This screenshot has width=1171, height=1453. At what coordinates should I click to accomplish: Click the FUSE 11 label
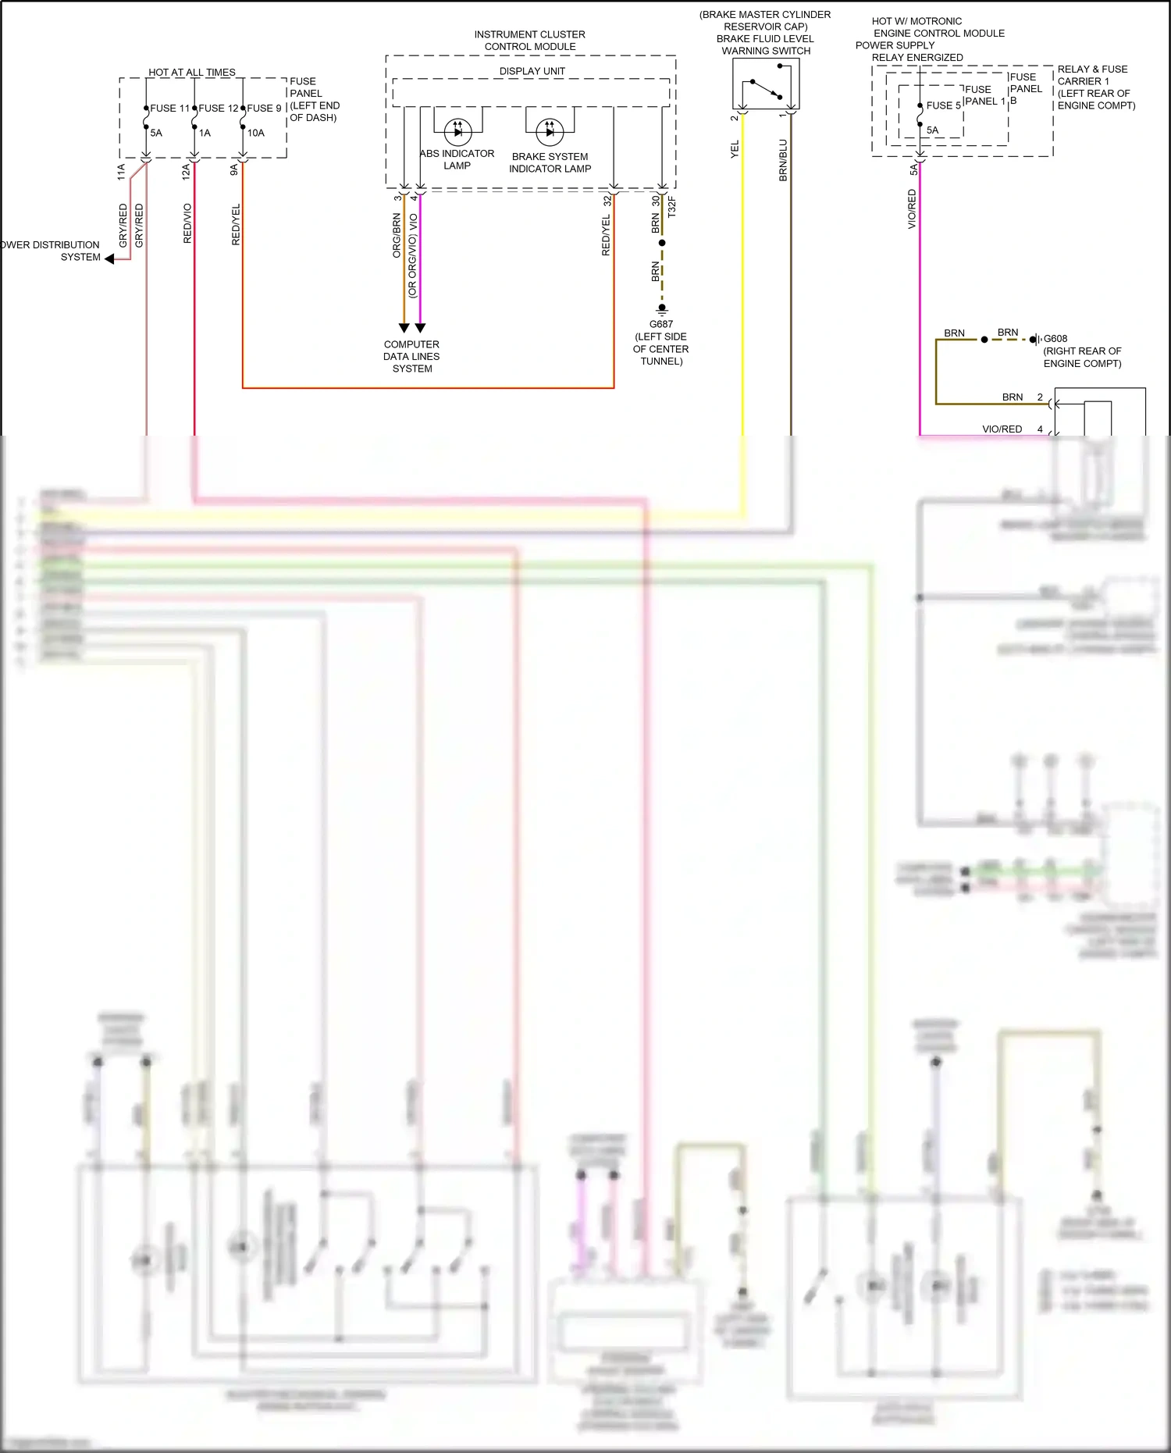169,109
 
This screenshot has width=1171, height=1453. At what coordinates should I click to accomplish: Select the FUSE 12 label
218,109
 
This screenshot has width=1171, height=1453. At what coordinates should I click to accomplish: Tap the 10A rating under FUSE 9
256,134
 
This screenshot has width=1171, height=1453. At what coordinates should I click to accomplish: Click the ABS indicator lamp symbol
457,131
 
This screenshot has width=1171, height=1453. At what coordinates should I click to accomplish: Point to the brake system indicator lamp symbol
550,132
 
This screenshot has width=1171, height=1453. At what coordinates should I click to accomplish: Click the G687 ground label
660,324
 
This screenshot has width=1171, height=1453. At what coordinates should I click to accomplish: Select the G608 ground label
1055,339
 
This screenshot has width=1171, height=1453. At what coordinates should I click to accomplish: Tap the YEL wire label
735,150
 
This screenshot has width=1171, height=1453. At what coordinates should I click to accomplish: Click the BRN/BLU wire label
783,161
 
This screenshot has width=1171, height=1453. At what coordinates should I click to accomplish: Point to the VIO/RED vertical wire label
912,209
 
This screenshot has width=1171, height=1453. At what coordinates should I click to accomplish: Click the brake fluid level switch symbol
766,87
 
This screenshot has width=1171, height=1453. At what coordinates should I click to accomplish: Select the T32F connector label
672,208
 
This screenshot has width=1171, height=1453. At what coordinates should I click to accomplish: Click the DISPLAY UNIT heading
532,71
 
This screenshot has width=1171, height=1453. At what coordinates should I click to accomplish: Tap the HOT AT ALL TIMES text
191,73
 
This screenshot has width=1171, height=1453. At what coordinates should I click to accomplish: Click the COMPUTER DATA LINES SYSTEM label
411,356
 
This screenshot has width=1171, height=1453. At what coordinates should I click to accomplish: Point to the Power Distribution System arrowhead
110,259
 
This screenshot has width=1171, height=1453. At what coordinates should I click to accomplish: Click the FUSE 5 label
943,105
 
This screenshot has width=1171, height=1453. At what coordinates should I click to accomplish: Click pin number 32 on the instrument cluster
607,201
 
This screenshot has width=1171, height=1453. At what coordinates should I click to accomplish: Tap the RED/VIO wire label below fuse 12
187,223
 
